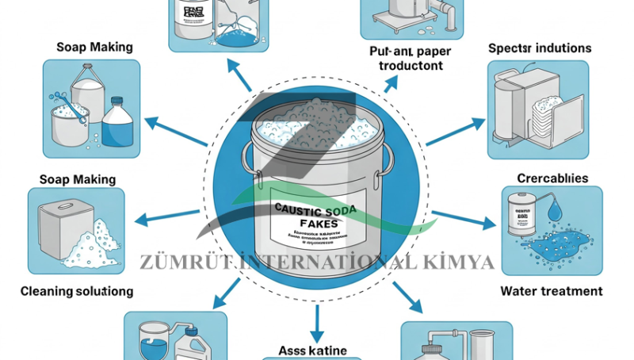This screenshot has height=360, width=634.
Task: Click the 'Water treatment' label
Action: coord(552,291)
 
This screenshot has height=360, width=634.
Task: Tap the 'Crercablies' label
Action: coord(552,178)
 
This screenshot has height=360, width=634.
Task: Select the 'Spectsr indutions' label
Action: coord(540,48)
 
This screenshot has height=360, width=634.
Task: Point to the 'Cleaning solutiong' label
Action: coord(76,291)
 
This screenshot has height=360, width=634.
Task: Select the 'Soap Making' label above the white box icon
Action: coord(78,180)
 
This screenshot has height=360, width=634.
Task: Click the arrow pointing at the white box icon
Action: coord(170,215)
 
